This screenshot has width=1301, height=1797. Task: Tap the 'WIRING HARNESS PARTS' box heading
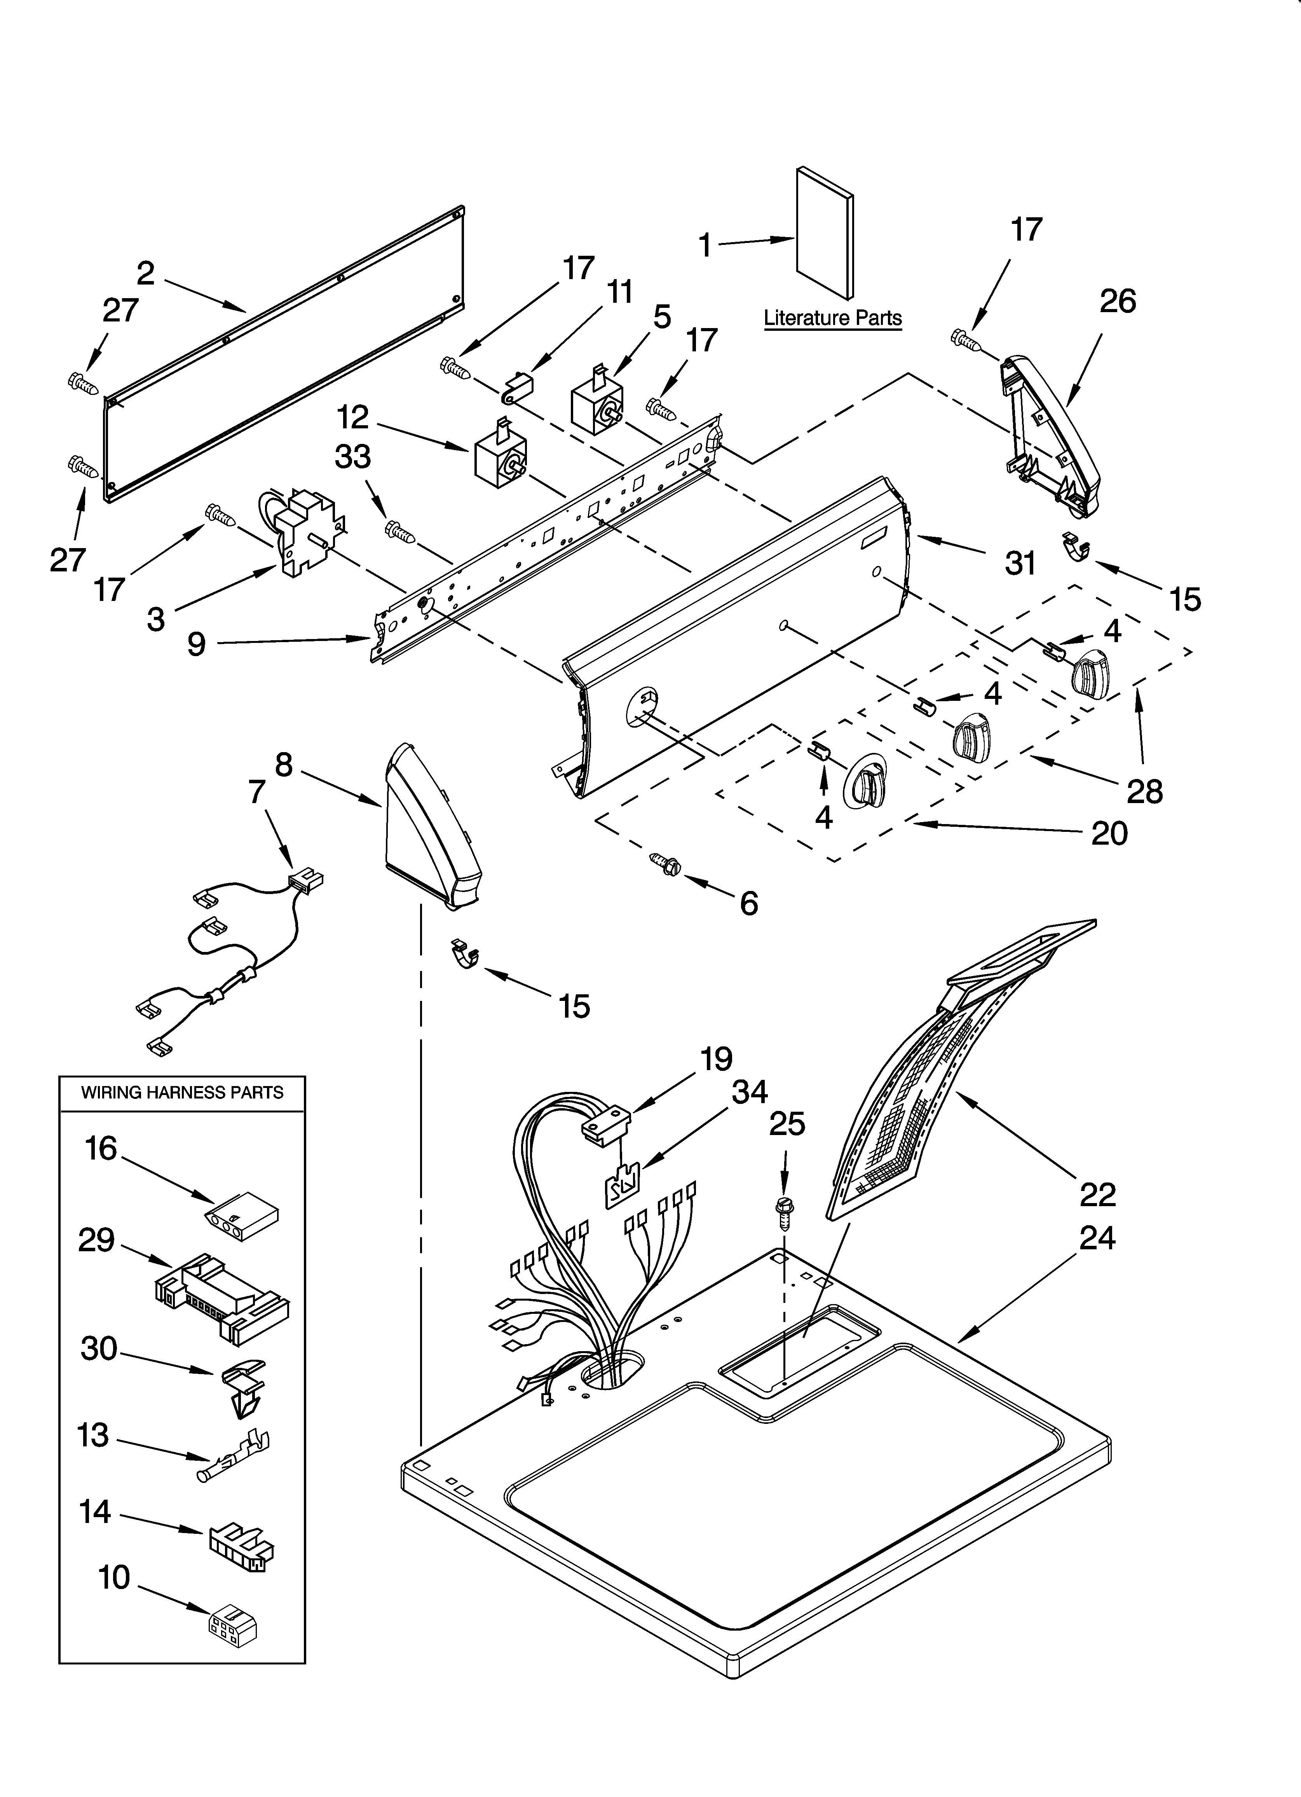pyautogui.click(x=182, y=1093)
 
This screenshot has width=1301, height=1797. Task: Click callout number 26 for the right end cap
pyautogui.click(x=1117, y=301)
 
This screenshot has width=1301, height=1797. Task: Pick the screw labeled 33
pyautogui.click(x=400, y=533)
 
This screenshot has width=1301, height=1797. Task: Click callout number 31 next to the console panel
pyautogui.click(x=1020, y=562)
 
